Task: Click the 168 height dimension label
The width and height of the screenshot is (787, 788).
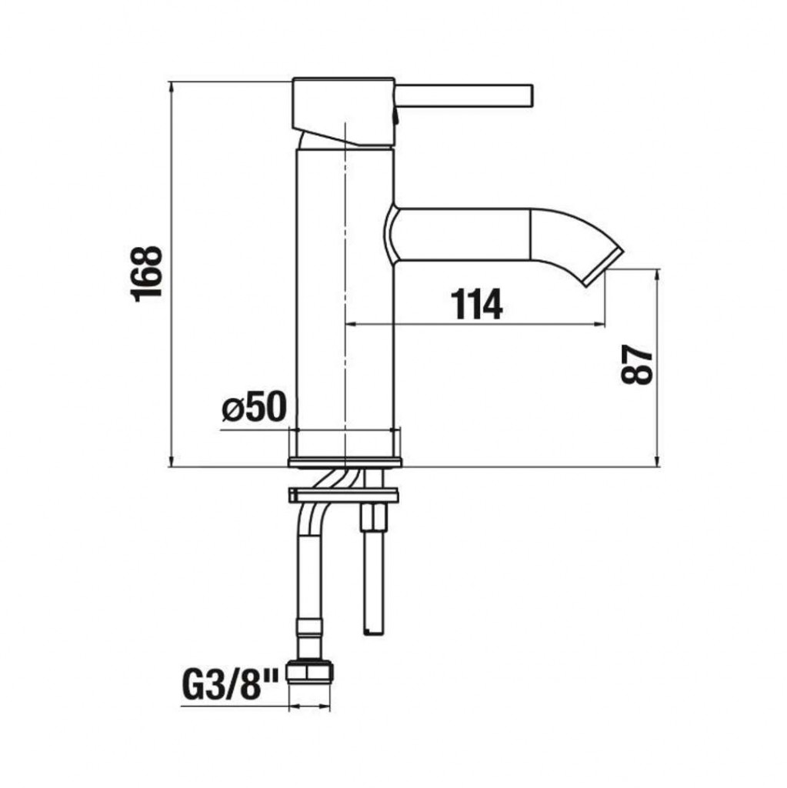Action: pos(147,274)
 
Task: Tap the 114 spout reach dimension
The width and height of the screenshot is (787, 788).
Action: pos(476,304)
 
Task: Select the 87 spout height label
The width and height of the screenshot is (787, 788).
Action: pos(637,365)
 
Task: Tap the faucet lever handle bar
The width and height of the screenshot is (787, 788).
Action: pos(463,96)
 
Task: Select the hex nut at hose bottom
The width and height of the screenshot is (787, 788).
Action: pos(310,671)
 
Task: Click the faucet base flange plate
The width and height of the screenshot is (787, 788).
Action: pos(345,462)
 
